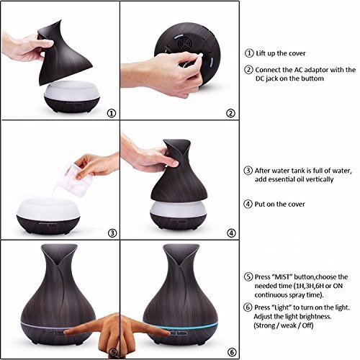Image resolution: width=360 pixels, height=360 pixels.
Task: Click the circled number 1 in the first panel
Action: click(x=111, y=113)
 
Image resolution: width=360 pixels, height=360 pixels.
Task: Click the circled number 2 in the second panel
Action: click(x=230, y=113)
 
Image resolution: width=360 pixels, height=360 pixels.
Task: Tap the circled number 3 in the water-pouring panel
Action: click(x=112, y=233)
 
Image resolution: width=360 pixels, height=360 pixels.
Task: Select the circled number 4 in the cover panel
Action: click(x=231, y=233)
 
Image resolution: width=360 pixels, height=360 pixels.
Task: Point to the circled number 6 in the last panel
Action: click(x=232, y=352)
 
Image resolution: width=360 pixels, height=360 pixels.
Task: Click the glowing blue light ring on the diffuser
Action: click(x=181, y=325)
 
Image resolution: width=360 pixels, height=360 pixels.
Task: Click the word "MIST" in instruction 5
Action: click(x=282, y=277)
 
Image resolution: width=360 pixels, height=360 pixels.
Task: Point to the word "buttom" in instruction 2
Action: click(x=312, y=78)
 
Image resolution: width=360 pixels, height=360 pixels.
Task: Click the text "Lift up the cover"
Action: click(x=281, y=53)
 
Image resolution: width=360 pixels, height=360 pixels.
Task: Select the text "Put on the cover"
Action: click(x=279, y=204)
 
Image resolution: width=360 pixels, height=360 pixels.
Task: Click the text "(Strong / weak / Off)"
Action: click(x=284, y=325)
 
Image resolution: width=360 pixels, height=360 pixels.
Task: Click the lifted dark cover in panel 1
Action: click(x=65, y=53)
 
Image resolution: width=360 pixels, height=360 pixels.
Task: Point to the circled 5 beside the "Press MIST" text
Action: click(x=248, y=276)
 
